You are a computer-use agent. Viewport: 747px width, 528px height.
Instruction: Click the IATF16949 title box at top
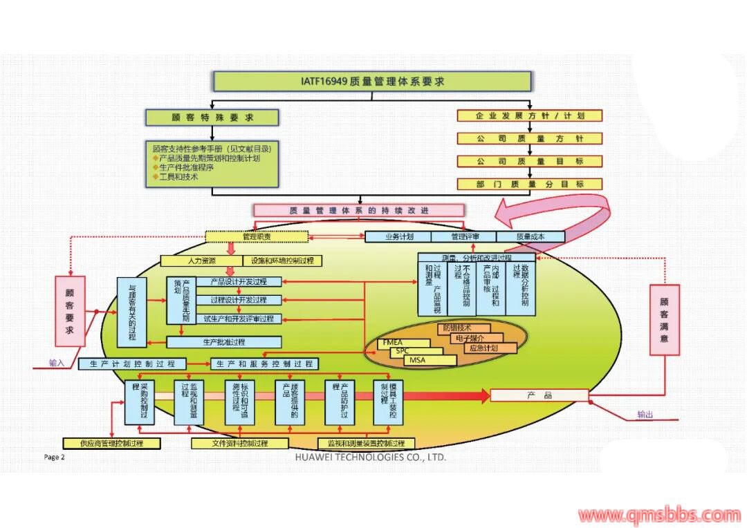372,82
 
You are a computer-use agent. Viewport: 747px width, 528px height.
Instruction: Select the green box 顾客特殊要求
212,117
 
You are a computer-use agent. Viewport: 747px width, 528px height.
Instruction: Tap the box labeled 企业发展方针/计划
530,116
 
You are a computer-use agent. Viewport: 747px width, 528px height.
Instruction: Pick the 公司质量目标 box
530,162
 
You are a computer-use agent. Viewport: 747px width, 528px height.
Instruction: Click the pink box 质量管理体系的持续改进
359,210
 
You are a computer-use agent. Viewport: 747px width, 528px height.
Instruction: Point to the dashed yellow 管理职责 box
257,237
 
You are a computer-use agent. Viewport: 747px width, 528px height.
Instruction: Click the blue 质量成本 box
531,236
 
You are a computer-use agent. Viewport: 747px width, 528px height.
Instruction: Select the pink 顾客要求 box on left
70,311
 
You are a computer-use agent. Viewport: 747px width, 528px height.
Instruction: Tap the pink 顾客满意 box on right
664,319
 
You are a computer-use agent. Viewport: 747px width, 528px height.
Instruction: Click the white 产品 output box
539,395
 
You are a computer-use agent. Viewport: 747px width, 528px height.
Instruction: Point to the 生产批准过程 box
224,342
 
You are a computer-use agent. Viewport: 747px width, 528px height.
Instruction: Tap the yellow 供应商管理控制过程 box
111,443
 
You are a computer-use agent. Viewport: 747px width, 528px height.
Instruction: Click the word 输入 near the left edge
56,363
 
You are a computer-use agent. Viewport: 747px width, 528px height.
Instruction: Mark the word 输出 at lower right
645,415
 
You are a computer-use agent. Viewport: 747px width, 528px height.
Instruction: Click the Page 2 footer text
54,457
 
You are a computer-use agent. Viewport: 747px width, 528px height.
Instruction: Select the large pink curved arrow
553,214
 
